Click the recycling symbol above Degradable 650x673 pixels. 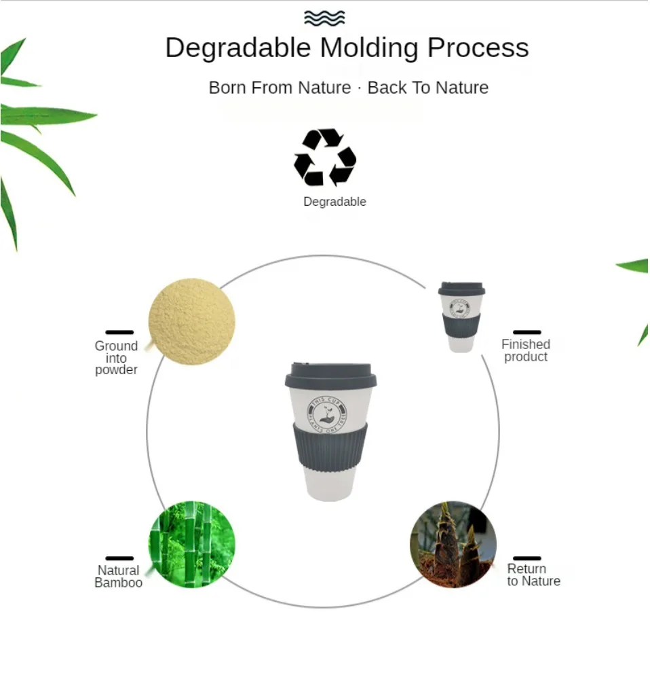coord(324,158)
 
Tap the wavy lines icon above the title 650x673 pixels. coord(324,18)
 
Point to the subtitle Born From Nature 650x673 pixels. coord(280,88)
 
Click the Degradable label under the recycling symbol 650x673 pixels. coord(334,202)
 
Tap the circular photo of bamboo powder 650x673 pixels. coord(192,321)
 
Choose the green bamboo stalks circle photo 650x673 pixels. coord(192,544)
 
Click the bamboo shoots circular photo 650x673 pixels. coord(453,544)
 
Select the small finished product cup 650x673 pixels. coord(461,316)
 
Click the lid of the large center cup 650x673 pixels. coord(330,376)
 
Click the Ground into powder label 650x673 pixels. coord(116,358)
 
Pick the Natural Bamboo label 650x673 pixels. coord(119,577)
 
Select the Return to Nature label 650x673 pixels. coord(533,575)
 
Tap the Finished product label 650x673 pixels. coord(526,350)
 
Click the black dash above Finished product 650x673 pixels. coord(527,332)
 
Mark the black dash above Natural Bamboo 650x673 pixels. coord(119,558)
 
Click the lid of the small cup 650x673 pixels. coord(461,289)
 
